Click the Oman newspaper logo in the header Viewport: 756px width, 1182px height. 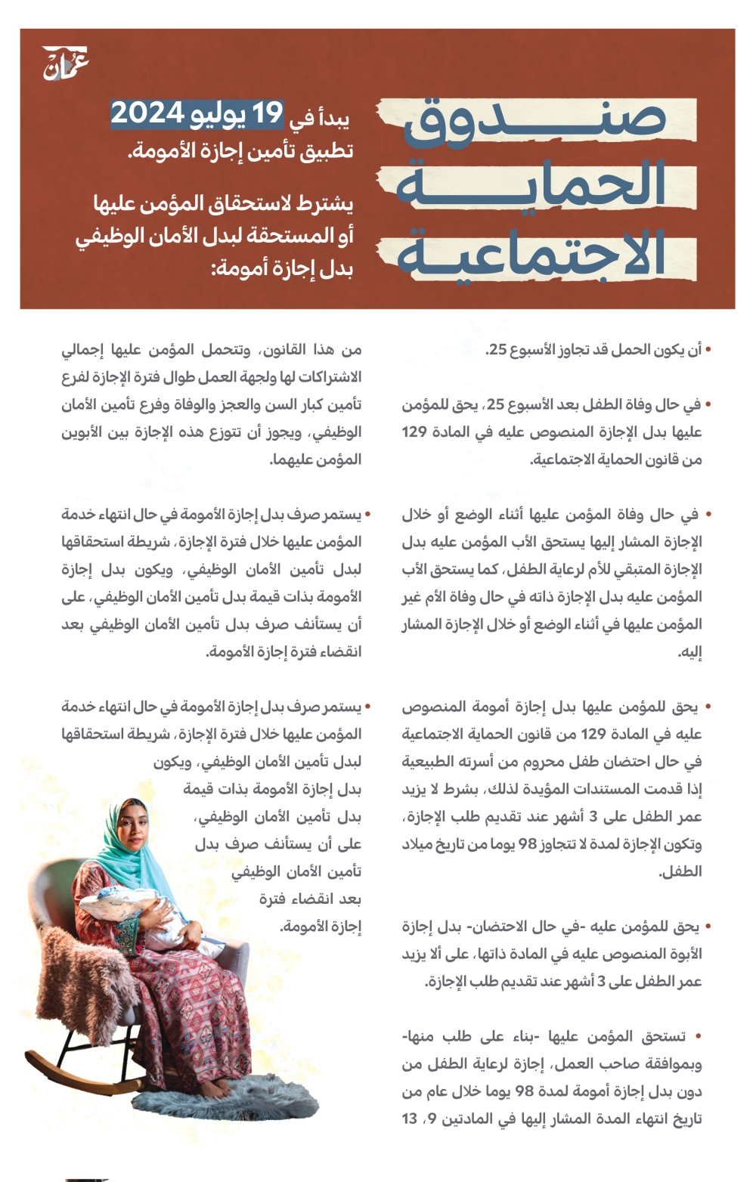[x=65, y=63]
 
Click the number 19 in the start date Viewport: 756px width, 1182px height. [x=267, y=114]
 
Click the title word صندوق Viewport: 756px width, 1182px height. [x=534, y=121]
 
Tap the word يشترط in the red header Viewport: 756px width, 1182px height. [x=324, y=203]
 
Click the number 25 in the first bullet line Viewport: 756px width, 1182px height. [x=497, y=350]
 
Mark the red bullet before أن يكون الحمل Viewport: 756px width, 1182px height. [x=708, y=349]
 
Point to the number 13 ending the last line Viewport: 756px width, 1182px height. [x=410, y=1119]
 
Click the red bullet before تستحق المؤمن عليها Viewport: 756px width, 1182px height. [x=698, y=1036]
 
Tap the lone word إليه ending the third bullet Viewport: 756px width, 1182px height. [x=690, y=652]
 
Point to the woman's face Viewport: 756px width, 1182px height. [x=132, y=828]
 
